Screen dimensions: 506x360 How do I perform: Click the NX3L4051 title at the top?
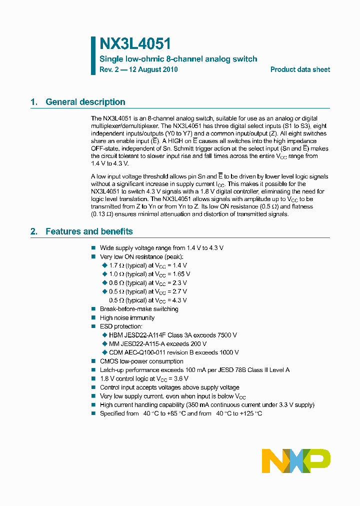point(135,44)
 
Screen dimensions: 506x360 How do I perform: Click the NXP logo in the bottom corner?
point(296,460)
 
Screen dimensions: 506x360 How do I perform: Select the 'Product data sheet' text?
point(300,69)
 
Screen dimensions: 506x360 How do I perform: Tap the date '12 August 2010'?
point(153,69)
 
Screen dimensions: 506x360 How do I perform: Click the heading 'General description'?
point(85,102)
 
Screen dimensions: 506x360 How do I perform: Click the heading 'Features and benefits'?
point(89,231)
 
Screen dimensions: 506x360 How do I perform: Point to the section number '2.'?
point(34,231)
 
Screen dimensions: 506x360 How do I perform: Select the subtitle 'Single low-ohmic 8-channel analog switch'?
point(178,59)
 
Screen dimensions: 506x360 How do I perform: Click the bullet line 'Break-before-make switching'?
point(139,309)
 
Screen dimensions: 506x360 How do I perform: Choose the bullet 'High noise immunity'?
point(127,318)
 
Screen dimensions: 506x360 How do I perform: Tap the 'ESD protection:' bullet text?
point(121,326)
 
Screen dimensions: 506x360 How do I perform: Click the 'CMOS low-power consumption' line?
point(141,361)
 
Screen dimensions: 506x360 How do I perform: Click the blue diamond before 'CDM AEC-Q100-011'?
point(104,352)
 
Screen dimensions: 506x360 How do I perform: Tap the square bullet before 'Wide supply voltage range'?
point(93,248)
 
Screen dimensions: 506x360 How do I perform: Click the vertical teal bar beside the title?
point(93,55)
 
